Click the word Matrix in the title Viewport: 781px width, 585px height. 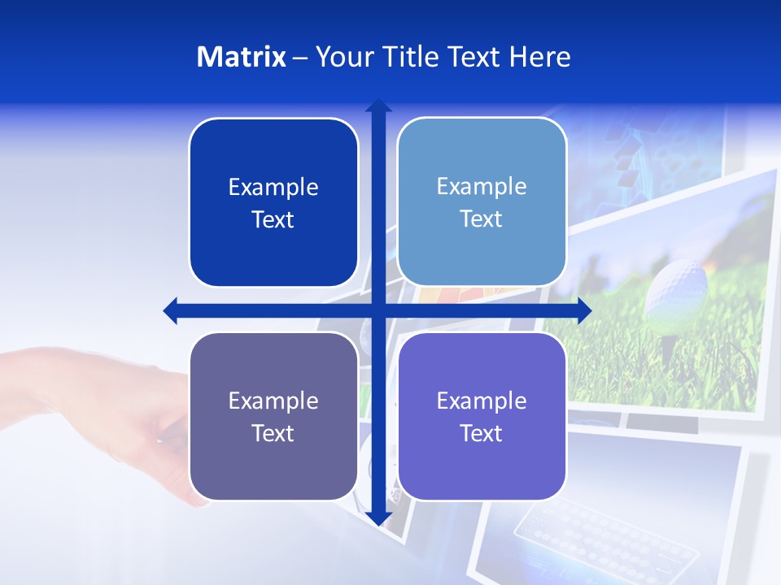click(241, 57)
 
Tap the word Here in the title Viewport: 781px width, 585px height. click(539, 57)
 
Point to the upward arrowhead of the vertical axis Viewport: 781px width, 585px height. click(378, 106)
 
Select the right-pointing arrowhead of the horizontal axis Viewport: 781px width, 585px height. click(584, 310)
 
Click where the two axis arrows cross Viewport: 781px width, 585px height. click(378, 310)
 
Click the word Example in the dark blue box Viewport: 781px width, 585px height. click(273, 188)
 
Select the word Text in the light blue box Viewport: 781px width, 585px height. click(482, 219)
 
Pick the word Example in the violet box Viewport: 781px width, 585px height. click(482, 401)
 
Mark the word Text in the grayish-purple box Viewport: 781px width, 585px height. click(273, 434)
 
